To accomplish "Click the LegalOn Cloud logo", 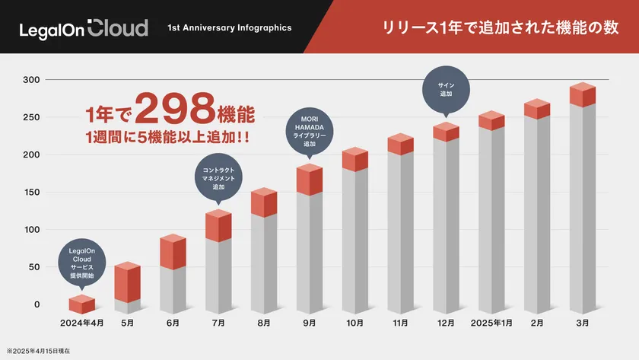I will [84, 28].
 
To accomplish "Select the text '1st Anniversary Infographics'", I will [230, 28].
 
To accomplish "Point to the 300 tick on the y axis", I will [31, 80].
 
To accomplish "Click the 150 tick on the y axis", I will [31, 192].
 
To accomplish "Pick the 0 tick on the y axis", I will [36, 304].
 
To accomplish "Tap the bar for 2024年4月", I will [82, 304].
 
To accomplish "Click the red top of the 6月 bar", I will [173, 251].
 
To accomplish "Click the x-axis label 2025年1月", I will [491, 323].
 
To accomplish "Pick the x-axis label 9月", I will [310, 323].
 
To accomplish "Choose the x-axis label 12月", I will [446, 323].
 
